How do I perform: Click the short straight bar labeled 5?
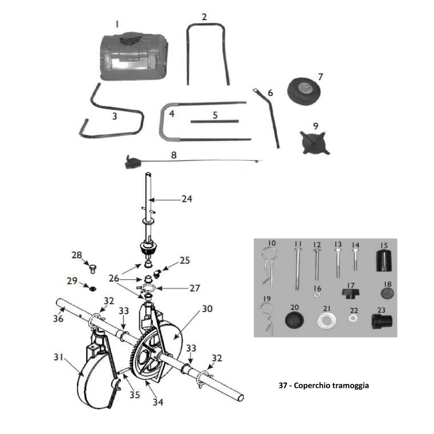[215, 122]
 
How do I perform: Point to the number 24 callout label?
[186, 199]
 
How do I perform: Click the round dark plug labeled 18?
[386, 293]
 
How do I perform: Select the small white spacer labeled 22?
[354, 319]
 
